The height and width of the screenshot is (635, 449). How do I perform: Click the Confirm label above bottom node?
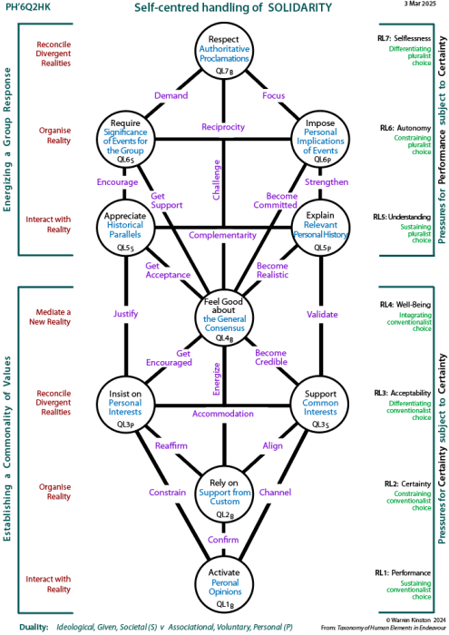tap(222, 539)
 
